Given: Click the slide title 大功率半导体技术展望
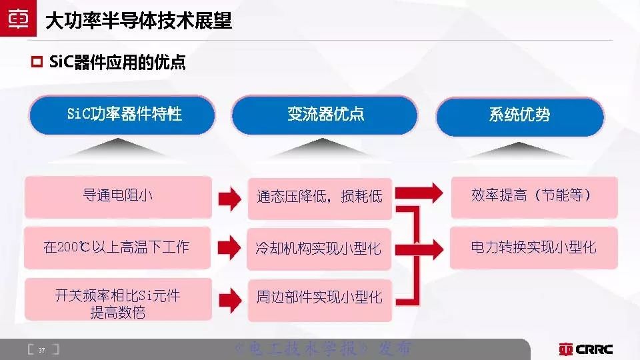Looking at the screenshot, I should click(139, 21).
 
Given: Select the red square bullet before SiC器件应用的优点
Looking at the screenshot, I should click(37, 63).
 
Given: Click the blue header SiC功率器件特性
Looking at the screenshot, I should click(124, 115).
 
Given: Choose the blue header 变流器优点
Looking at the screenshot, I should click(325, 115).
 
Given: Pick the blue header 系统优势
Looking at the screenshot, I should click(519, 115).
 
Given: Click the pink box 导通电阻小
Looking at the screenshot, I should click(117, 196).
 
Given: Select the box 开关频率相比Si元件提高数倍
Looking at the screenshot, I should click(117, 303).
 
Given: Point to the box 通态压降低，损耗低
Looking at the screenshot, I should click(319, 197).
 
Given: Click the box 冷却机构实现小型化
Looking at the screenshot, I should click(319, 249).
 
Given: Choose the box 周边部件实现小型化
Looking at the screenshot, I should click(319, 297).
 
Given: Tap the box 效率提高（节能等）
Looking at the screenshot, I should click(533, 196).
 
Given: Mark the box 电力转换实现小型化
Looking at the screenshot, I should click(533, 247).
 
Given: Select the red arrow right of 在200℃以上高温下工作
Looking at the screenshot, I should click(229, 247).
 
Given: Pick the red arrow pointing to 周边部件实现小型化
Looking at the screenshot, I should click(229, 297).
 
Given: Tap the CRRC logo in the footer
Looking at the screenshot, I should click(586, 349).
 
